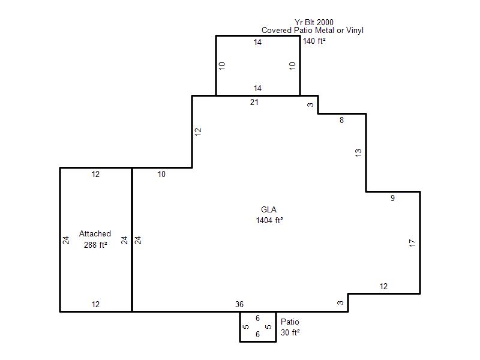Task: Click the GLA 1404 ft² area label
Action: (x=269, y=215)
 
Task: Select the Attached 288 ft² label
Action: (x=95, y=239)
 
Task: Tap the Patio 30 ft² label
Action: (x=290, y=327)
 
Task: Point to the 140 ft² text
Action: (x=314, y=41)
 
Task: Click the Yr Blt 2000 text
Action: (x=314, y=22)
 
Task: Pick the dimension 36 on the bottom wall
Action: (x=239, y=304)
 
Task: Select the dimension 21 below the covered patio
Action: (x=254, y=102)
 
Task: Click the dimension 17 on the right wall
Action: (x=412, y=243)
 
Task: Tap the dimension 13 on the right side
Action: (x=358, y=152)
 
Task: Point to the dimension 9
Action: (x=392, y=198)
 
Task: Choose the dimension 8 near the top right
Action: (x=341, y=121)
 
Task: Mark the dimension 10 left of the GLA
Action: (x=161, y=174)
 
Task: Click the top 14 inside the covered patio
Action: (x=257, y=42)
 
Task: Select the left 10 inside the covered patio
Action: (x=222, y=65)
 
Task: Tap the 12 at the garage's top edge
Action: (x=95, y=174)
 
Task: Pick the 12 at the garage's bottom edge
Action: (x=95, y=304)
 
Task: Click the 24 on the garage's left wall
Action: (x=66, y=241)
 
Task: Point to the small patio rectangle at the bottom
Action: (x=240, y=326)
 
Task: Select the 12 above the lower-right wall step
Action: (x=383, y=286)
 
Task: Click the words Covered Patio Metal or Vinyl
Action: (x=313, y=31)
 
